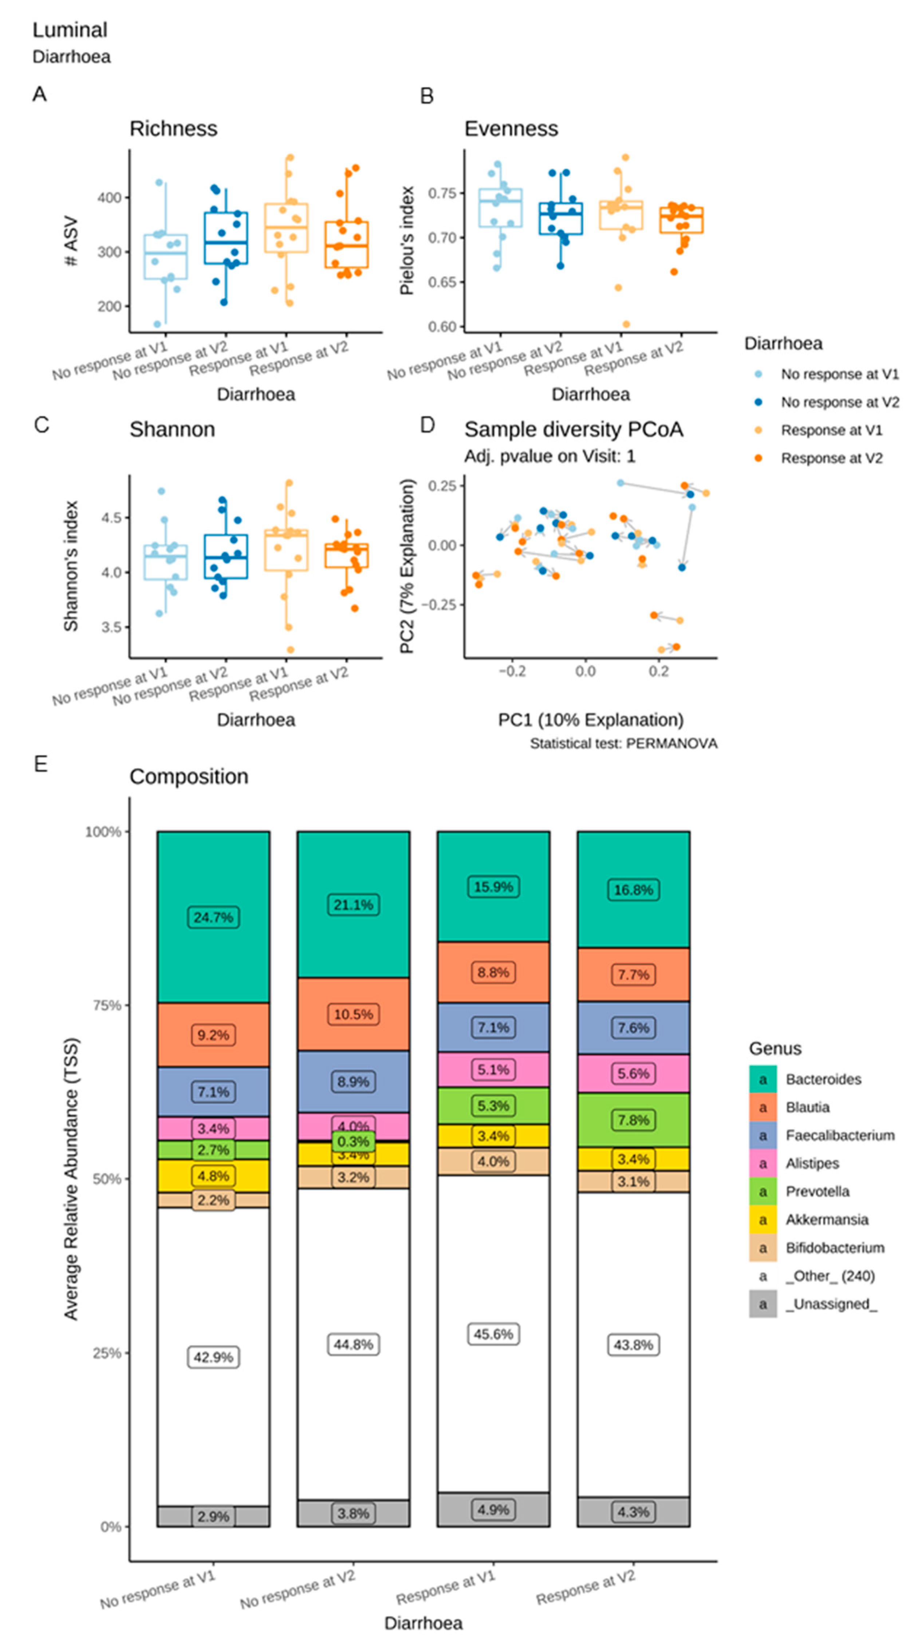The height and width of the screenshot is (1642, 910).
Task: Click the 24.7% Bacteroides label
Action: (x=213, y=917)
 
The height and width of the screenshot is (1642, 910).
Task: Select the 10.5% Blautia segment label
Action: (x=353, y=1014)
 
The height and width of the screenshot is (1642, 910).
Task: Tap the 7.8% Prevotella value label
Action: (x=633, y=1120)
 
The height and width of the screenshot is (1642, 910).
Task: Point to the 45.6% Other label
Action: (x=493, y=1334)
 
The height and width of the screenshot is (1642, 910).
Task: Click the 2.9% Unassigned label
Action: (x=213, y=1516)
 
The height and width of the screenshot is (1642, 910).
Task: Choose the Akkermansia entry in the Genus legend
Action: (x=827, y=1219)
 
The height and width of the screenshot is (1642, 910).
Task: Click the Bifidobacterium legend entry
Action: (x=834, y=1247)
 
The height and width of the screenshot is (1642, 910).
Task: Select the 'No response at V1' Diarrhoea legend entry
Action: (x=839, y=374)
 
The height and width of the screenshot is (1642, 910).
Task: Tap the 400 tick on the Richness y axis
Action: (x=109, y=198)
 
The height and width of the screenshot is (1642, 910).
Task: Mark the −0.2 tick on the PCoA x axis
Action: (x=511, y=671)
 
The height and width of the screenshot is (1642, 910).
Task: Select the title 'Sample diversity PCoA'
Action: (x=573, y=430)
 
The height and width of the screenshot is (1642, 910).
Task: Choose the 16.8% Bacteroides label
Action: (x=633, y=890)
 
